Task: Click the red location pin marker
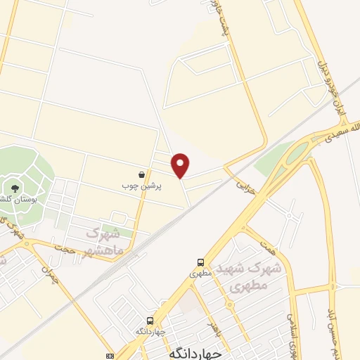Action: (181, 165)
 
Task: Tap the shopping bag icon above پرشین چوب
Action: (142, 174)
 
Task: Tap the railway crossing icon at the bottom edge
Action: (109, 356)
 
